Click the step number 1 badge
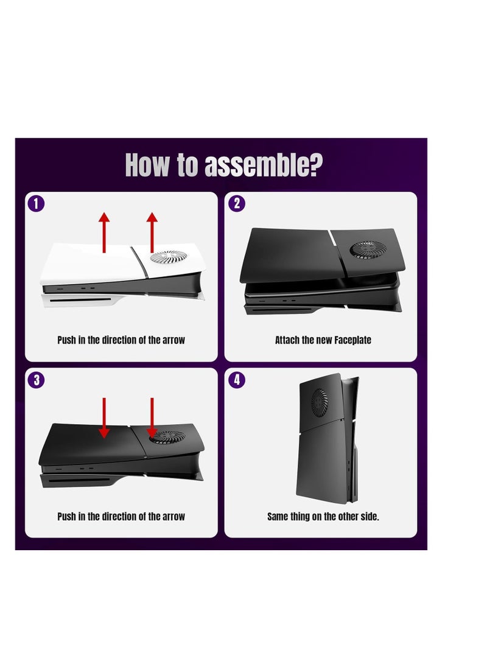tap(36, 203)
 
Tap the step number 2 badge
tap(237, 203)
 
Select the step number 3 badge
tap(36, 379)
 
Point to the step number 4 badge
tap(237, 379)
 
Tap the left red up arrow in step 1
tap(104, 232)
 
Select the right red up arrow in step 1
tap(152, 232)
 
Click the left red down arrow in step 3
tap(104, 418)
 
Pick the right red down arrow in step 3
tap(152, 418)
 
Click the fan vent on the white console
tap(168, 256)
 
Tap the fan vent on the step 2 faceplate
tap(368, 250)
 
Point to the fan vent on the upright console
tap(320, 403)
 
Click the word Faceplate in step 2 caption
tap(352, 340)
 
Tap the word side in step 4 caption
tap(369, 516)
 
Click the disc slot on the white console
tap(80, 300)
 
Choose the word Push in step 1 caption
tap(67, 340)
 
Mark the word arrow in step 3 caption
tap(173, 517)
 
